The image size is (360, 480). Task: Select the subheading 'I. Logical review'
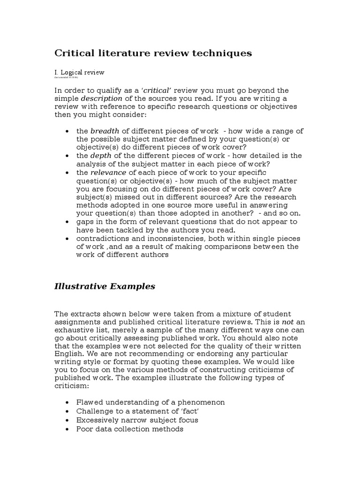[79, 72]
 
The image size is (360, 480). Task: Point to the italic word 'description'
[102, 98]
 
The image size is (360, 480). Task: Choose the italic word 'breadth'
[104, 131]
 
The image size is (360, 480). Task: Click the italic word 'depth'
[101, 155]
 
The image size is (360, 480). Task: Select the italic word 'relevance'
[108, 172]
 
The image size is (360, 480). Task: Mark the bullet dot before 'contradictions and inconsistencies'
[68, 239]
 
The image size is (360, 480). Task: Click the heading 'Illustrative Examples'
[105, 286]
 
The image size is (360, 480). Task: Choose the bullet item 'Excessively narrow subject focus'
[137, 420]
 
